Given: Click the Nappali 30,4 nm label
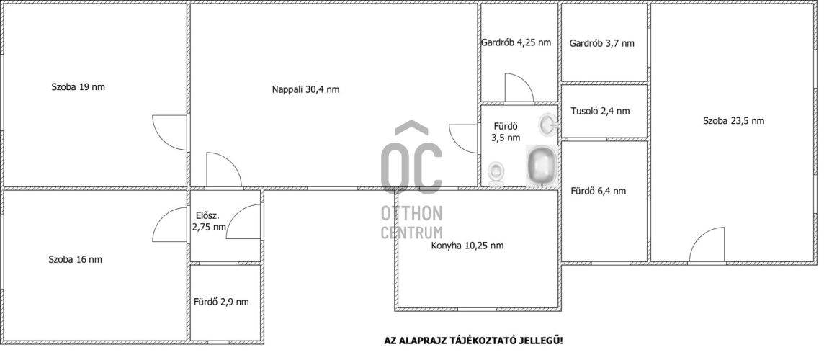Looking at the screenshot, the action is coord(305,89).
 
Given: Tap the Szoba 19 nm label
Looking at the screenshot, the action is coord(78,86).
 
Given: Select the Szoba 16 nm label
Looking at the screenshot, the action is coord(75,259).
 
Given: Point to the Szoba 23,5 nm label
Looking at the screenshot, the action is coord(734,120).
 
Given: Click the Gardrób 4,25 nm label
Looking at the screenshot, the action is coord(516,42).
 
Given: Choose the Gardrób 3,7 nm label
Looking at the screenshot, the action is coord(601,43).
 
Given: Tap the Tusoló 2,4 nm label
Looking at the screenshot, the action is coord(600,111).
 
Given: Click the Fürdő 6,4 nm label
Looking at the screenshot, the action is coord(598,191).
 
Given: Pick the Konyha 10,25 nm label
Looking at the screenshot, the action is coord(467,245).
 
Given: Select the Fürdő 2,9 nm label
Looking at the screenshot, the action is coord(221,302).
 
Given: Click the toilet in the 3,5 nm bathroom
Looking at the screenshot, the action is coord(496,174).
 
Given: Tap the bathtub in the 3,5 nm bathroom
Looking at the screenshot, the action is coord(541,166).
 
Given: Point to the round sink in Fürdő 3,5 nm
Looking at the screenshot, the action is coord(547,125).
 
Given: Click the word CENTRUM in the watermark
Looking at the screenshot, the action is coord(411,232).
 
